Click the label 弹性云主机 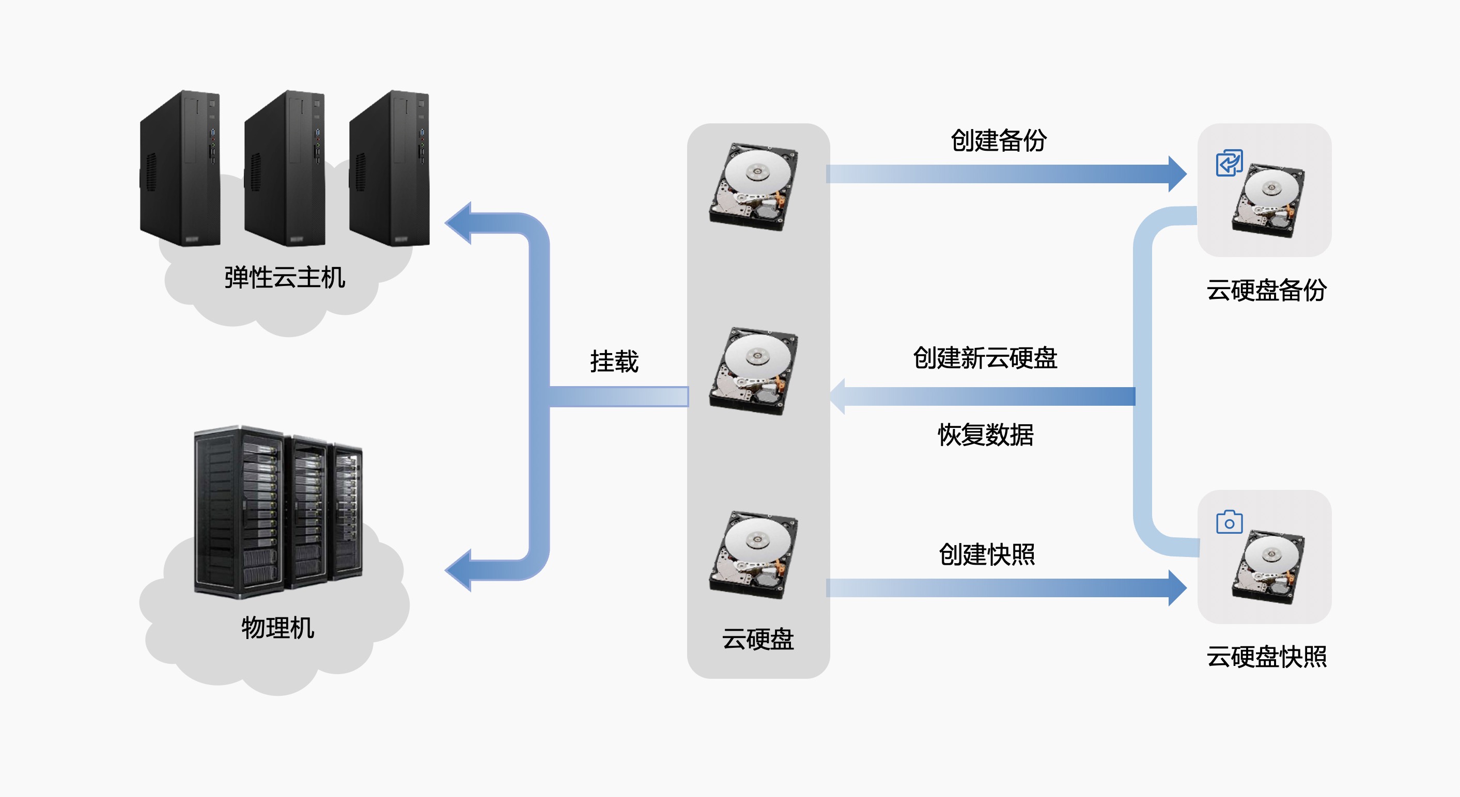(285, 278)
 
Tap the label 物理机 (278, 628)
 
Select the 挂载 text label (614, 361)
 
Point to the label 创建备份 (999, 140)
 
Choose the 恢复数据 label (986, 435)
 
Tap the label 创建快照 (987, 554)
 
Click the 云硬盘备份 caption (1266, 290)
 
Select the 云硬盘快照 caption (1266, 657)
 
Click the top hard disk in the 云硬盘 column (754, 187)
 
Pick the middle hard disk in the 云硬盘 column (754, 371)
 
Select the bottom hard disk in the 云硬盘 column (754, 555)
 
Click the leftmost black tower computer (180, 168)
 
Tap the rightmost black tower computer (390, 168)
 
